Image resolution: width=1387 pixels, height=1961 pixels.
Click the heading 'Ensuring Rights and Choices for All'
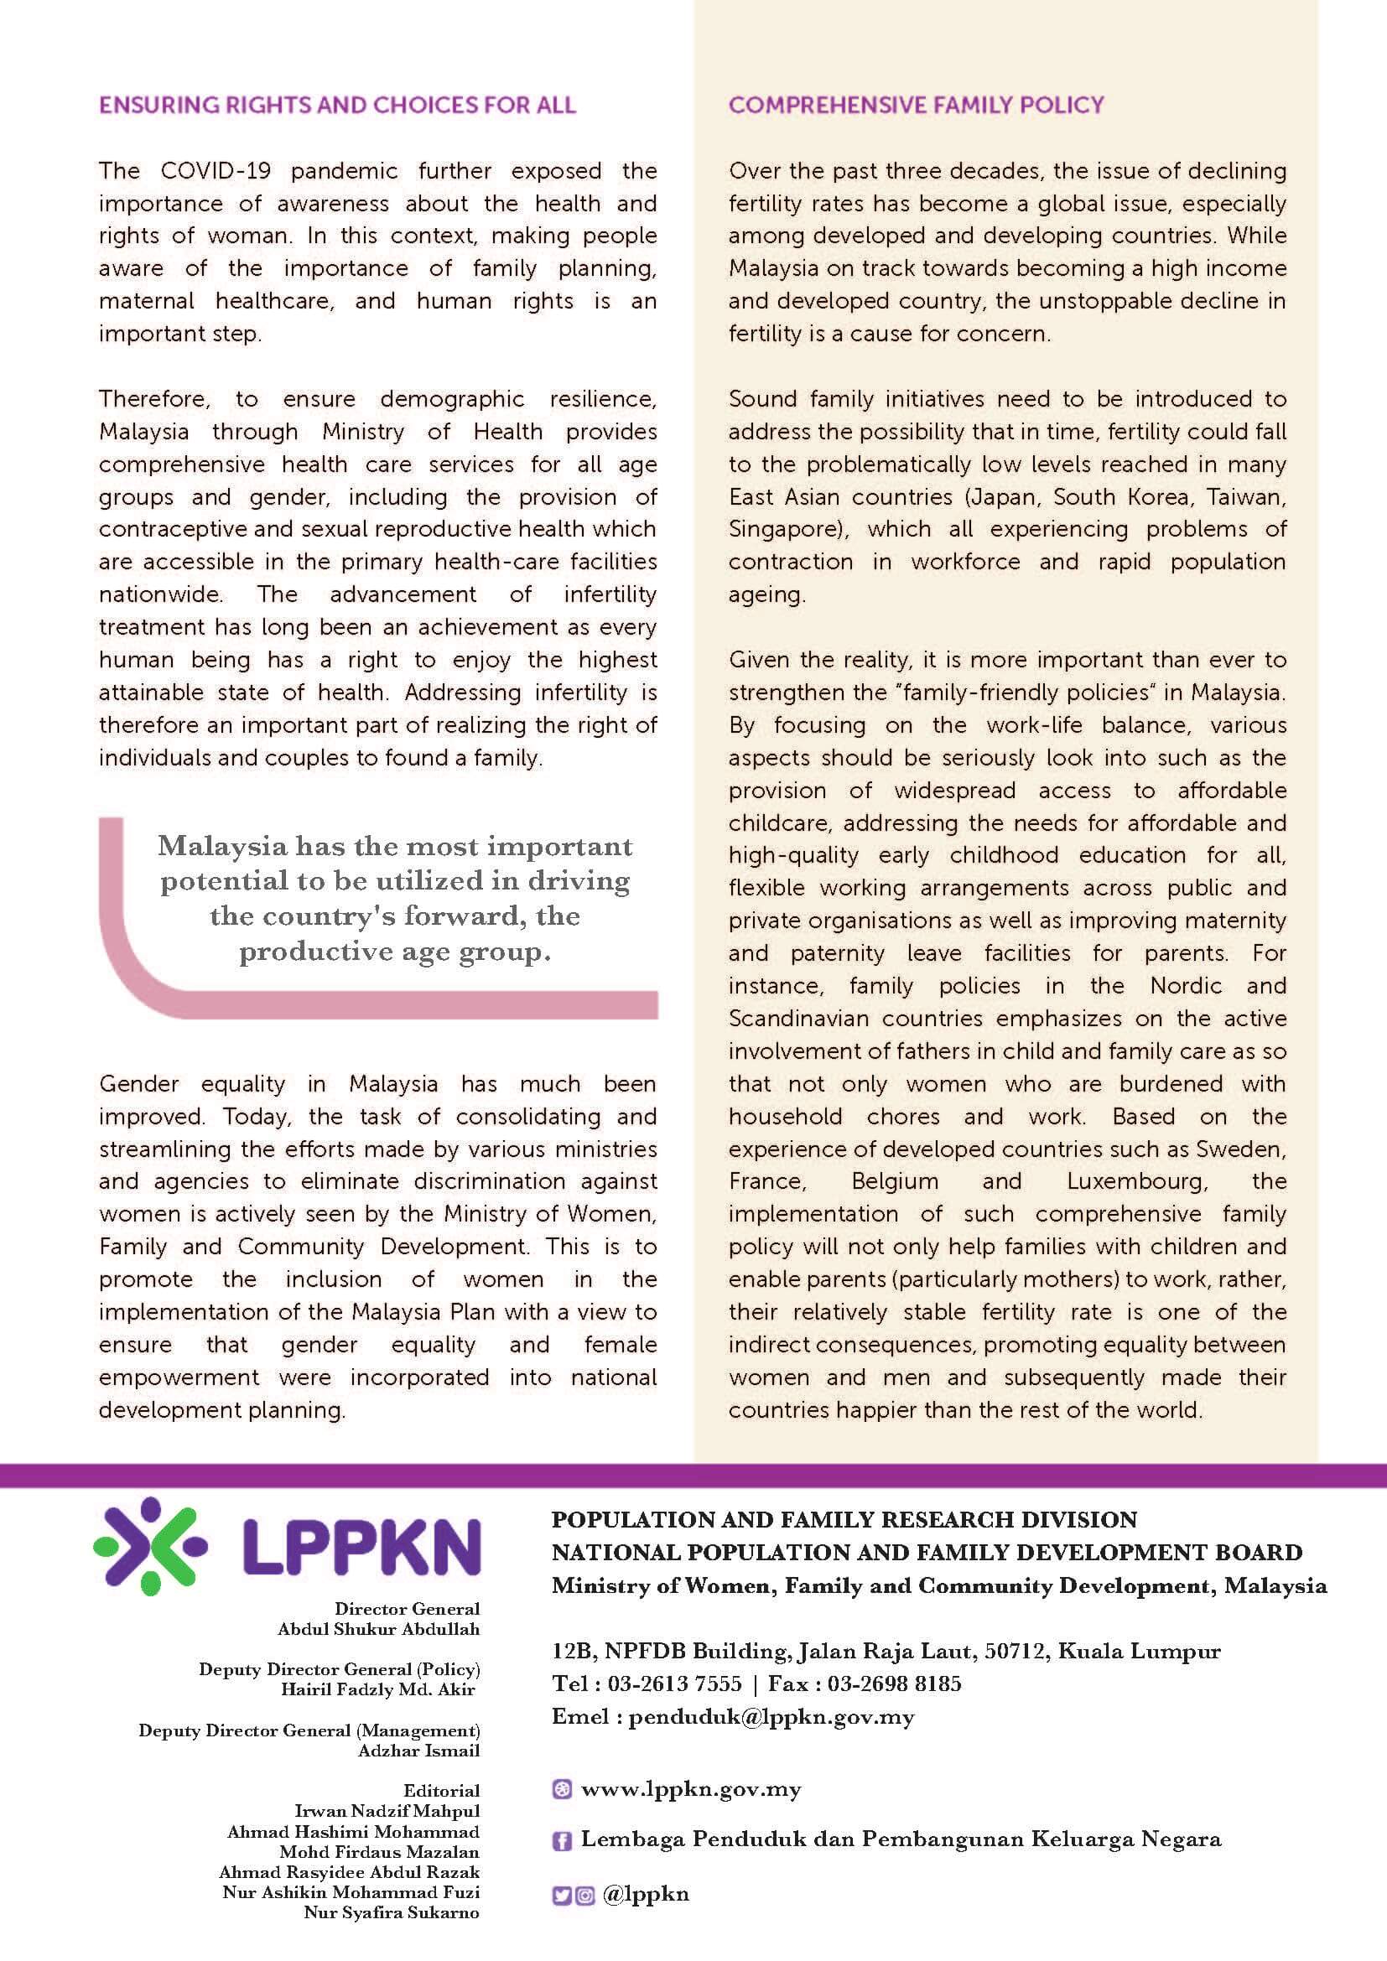pos(337,105)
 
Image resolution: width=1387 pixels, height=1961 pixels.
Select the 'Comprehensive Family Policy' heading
pos(916,105)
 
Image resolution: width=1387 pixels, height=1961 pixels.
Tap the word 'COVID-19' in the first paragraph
pos(216,171)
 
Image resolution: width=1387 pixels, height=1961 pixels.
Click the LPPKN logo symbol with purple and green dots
pos(150,1546)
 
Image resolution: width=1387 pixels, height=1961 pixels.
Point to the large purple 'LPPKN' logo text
pos(362,1548)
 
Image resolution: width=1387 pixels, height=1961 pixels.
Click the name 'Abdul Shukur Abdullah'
pos(378,1629)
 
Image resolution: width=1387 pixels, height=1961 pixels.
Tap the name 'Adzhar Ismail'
pos(418,1750)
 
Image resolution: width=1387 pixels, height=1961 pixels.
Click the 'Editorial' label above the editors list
pos(442,1790)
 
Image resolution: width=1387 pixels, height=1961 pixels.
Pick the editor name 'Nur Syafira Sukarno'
pos(391,1912)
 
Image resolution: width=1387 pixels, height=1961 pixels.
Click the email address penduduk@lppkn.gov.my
pos(771,1716)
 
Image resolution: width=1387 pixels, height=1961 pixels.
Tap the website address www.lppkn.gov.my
pos(690,1788)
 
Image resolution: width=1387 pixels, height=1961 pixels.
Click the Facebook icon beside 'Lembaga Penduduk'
pos(562,1841)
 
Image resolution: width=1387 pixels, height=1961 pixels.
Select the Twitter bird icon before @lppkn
pos(561,1896)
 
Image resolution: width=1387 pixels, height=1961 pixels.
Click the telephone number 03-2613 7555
pos(675,1683)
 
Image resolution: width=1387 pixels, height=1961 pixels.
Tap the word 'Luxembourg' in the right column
pos(1136,1181)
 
